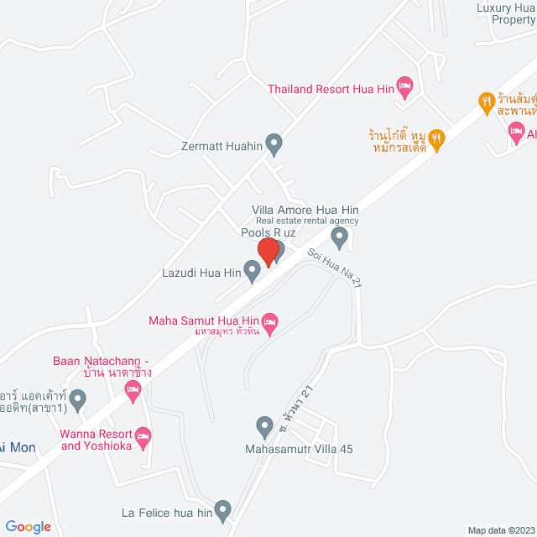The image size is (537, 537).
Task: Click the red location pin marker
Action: [x=268, y=252]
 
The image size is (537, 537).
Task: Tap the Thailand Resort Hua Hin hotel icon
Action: [x=405, y=85]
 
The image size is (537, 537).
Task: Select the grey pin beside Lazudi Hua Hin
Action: [x=251, y=270]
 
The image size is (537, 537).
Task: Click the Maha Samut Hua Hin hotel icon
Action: [x=269, y=321]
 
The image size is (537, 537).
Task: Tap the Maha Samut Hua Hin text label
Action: [x=201, y=320]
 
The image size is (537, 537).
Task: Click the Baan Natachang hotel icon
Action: [x=132, y=388]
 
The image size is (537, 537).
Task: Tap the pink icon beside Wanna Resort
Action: [x=143, y=435]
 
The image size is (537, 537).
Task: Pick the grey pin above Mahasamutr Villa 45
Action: [x=264, y=427]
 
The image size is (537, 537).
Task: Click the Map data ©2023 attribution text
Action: [x=500, y=529]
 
